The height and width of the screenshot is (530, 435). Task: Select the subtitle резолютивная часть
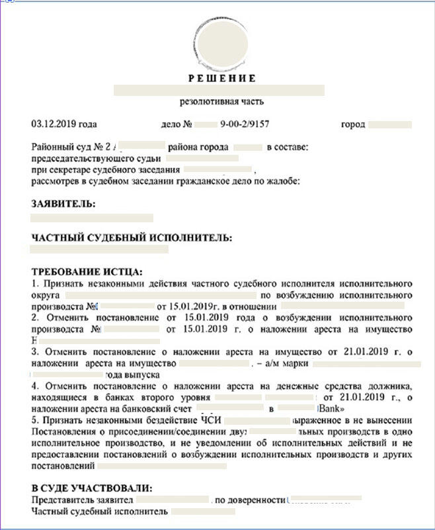pyautogui.click(x=221, y=102)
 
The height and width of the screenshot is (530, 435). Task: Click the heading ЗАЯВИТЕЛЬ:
pyautogui.click(x=63, y=204)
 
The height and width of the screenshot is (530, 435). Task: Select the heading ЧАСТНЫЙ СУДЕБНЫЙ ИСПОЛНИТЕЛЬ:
pyautogui.click(x=132, y=238)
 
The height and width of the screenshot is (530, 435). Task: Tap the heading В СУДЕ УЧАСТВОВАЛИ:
pyautogui.click(x=91, y=488)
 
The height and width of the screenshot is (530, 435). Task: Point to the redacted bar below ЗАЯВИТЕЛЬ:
pyautogui.click(x=92, y=218)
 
